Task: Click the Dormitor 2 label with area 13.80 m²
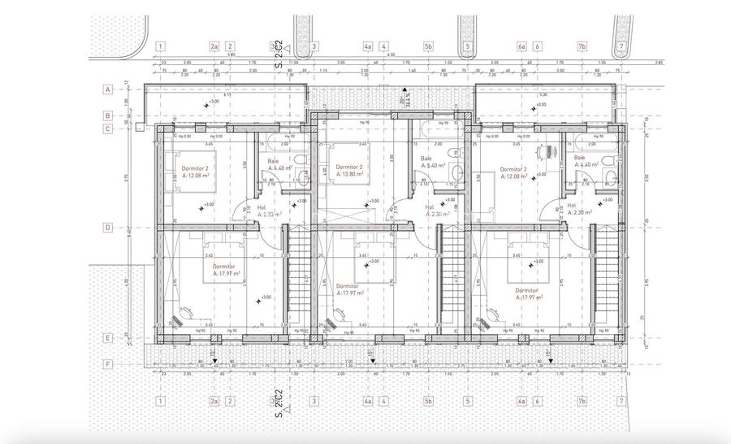pyautogui.click(x=348, y=171)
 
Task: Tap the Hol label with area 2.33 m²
pyautogui.click(x=268, y=211)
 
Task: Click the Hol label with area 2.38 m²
pyautogui.click(x=577, y=210)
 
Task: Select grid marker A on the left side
pyautogui.click(x=107, y=89)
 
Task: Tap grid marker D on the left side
pyautogui.click(x=107, y=229)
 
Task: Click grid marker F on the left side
pyautogui.click(x=107, y=364)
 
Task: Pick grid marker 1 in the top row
pyautogui.click(x=162, y=46)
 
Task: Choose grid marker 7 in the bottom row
pyautogui.click(x=621, y=401)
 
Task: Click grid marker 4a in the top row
pyautogui.click(x=368, y=46)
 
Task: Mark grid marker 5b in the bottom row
pyautogui.click(x=428, y=401)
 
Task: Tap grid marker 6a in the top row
pyautogui.click(x=521, y=46)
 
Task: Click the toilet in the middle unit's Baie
pyautogui.click(x=457, y=173)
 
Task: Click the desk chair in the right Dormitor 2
pyautogui.click(x=545, y=150)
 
